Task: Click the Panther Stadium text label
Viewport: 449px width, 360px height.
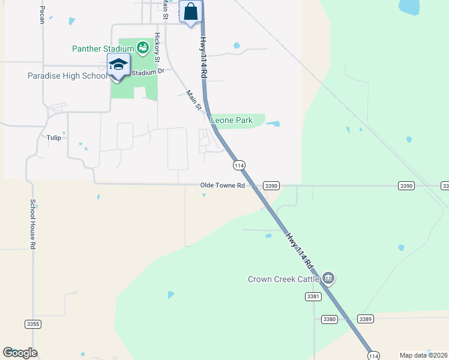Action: (x=103, y=49)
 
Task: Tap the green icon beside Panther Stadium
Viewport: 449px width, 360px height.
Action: (x=143, y=47)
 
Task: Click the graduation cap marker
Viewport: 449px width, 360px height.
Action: (x=118, y=65)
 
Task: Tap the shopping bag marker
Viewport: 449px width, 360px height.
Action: (x=190, y=11)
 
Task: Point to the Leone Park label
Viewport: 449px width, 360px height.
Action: (x=235, y=121)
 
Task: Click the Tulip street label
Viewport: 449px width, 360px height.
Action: (x=54, y=137)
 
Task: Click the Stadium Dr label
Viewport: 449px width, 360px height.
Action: (x=147, y=71)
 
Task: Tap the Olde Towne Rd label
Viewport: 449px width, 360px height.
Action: (x=222, y=186)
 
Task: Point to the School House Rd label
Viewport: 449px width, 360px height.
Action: (x=34, y=224)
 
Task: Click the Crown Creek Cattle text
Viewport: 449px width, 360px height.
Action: (x=283, y=279)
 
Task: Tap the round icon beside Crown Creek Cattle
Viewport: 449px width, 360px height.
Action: (x=328, y=278)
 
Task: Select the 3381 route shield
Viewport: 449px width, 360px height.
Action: (x=313, y=297)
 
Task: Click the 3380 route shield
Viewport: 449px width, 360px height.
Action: (x=329, y=319)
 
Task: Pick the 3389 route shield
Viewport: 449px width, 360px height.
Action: (x=366, y=319)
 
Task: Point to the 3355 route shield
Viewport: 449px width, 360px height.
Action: (x=33, y=324)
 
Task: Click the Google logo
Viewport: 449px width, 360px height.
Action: (x=20, y=353)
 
